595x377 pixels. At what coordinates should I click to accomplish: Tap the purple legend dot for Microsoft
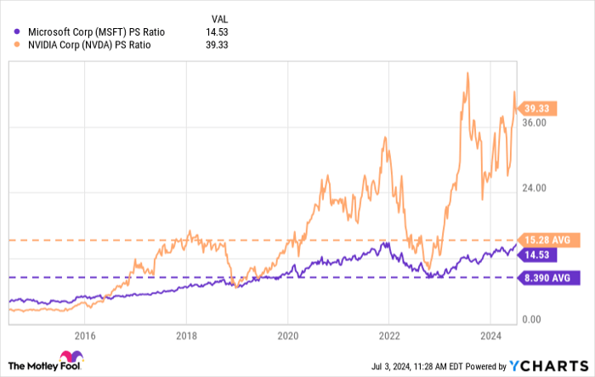tap(17, 31)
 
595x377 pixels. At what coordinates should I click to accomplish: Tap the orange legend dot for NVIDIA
tap(17, 45)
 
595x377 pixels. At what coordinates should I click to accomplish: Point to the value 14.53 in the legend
tap(218, 31)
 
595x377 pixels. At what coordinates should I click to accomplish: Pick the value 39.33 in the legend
tap(218, 45)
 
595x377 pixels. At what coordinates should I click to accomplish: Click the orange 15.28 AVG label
tap(548, 241)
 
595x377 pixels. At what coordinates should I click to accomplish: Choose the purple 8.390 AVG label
tap(548, 277)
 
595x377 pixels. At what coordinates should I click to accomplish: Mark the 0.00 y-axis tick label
tap(532, 319)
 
